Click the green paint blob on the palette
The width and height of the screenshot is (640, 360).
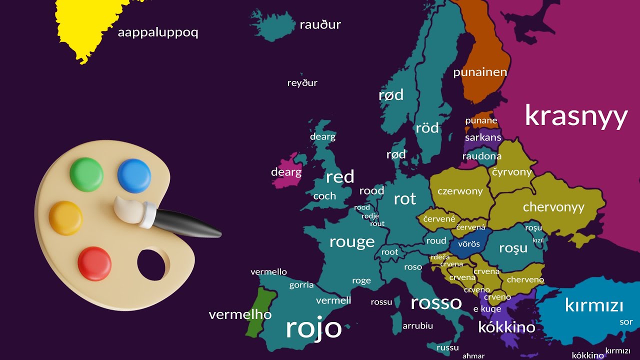[x=86, y=174]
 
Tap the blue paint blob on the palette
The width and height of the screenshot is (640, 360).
[x=134, y=175]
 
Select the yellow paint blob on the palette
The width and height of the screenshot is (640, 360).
[x=65, y=217]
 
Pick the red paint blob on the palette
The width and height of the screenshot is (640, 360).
[x=94, y=262]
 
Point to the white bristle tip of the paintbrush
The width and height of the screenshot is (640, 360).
[x=127, y=208]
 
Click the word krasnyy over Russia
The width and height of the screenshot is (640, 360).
[x=575, y=116]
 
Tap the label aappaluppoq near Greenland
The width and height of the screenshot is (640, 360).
[x=158, y=33]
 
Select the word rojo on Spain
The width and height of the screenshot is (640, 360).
[x=313, y=328]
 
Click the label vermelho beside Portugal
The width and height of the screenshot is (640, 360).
[x=240, y=315]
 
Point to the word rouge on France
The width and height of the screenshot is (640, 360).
[x=352, y=242]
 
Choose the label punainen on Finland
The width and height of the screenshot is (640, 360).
[x=480, y=72]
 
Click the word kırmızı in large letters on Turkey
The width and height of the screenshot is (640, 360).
[x=594, y=305]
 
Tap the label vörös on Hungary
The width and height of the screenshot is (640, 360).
[x=469, y=244]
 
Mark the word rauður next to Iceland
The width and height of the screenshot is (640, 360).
[x=320, y=24]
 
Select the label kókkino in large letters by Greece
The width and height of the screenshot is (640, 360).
[x=506, y=327]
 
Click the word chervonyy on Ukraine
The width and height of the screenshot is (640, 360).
[x=553, y=207]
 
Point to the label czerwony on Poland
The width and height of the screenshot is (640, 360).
[x=460, y=191]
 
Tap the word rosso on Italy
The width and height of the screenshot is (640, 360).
[x=436, y=302]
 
